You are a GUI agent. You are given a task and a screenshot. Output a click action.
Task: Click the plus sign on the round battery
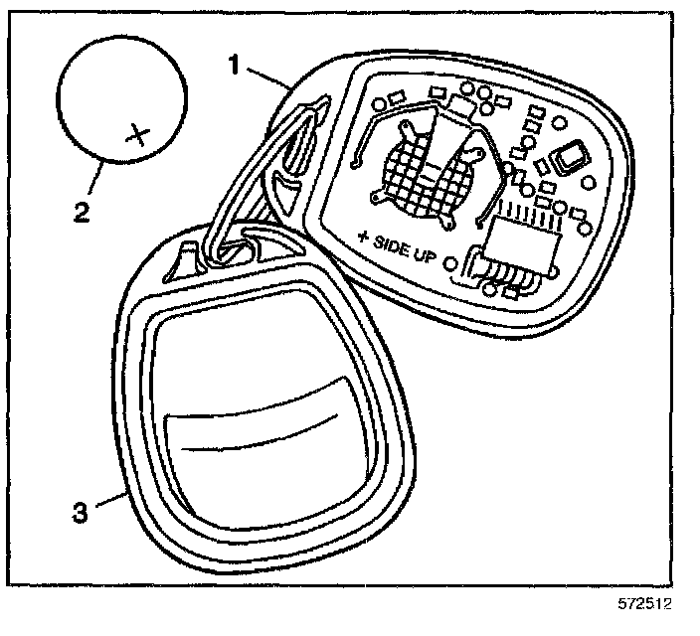click(139, 133)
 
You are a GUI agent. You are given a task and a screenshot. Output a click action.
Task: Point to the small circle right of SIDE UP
click(453, 264)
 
